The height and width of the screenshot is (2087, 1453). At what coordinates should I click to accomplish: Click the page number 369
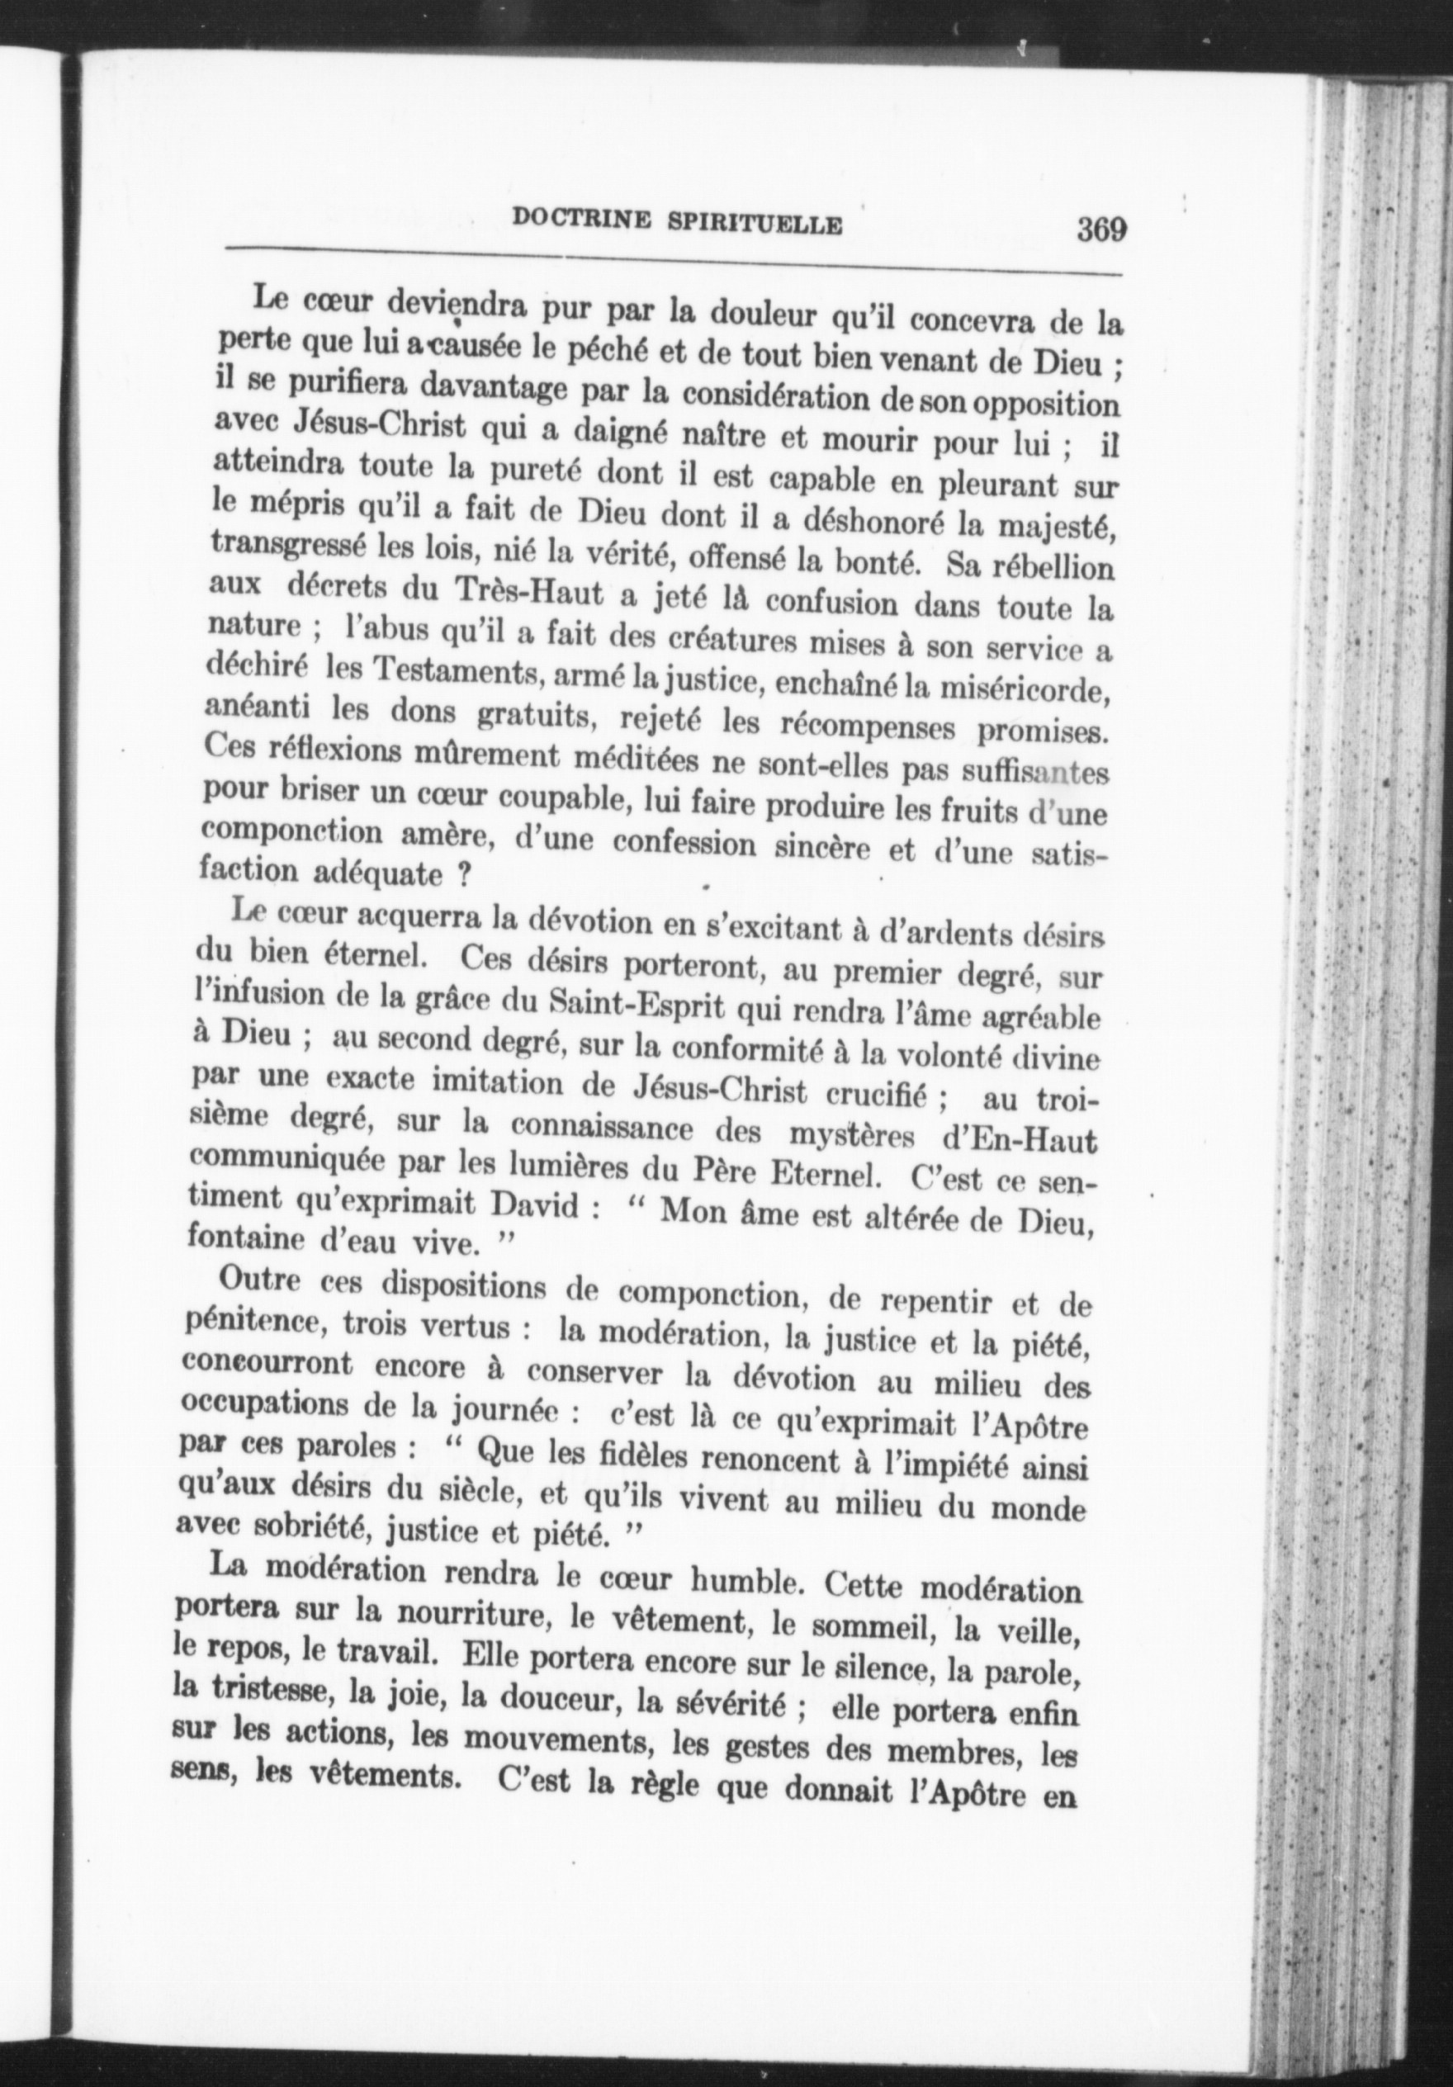[1101, 228]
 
